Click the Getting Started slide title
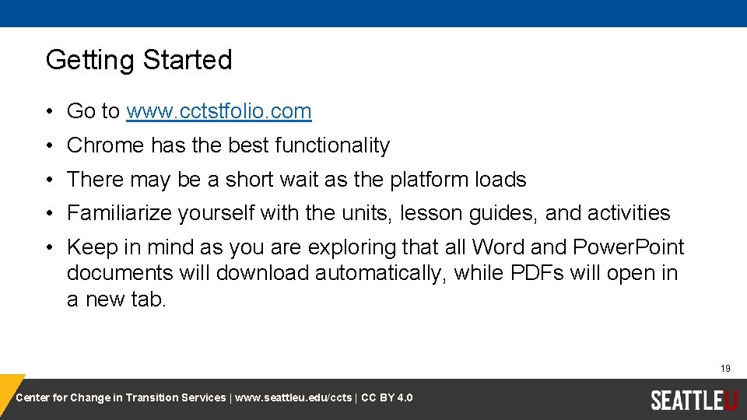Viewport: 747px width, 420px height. (139, 60)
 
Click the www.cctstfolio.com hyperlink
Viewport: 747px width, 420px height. (219, 111)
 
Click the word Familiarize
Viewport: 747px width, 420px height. (119, 213)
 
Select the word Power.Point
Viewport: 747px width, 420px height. (628, 247)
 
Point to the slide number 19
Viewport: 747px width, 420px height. (725, 369)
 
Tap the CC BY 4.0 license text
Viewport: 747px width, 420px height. (387, 398)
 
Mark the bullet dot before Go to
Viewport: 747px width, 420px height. (48, 112)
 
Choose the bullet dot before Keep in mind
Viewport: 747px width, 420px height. (48, 248)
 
